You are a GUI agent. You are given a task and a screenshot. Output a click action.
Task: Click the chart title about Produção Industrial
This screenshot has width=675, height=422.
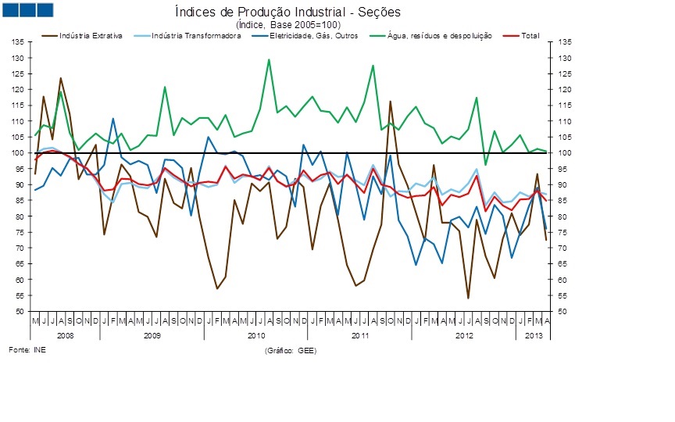[x=287, y=13]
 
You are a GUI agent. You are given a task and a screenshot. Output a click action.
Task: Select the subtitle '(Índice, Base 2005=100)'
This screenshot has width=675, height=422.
[x=287, y=24]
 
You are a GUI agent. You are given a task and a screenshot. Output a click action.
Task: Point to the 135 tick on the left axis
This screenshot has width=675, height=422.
[x=16, y=42]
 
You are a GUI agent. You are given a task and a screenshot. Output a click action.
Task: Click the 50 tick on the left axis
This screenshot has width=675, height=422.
[x=18, y=311]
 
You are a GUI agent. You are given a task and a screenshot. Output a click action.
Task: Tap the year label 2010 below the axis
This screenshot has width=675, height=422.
[x=256, y=334]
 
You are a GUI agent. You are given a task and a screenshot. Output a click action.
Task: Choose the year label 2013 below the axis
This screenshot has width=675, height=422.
[x=531, y=334]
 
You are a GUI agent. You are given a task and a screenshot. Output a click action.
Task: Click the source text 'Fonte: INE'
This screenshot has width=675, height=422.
[x=27, y=349]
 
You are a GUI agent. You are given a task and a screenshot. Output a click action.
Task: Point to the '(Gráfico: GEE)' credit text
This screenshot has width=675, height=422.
[x=291, y=351]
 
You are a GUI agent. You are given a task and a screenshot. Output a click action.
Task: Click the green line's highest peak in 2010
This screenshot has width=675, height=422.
[x=270, y=59]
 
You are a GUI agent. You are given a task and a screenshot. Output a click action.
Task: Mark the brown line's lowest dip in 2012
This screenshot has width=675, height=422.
[x=468, y=298]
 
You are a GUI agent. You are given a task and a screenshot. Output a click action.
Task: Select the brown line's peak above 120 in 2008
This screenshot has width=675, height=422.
[x=61, y=78]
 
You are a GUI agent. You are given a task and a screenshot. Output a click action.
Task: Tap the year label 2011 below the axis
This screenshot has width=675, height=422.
[x=360, y=334]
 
